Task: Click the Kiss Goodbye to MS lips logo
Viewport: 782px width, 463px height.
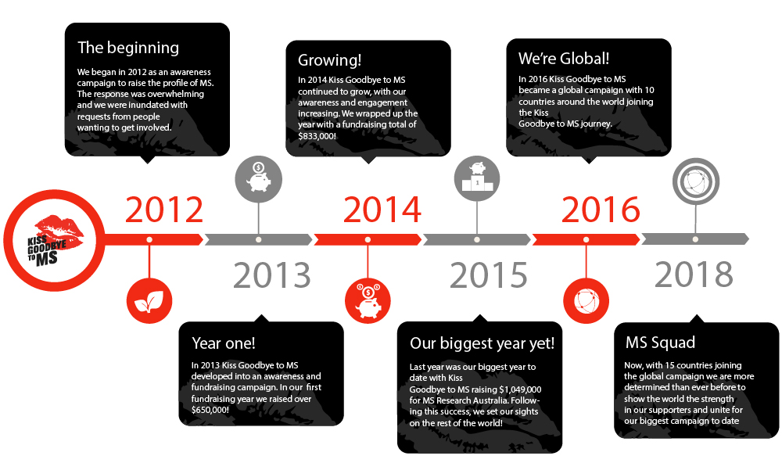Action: click(x=55, y=240)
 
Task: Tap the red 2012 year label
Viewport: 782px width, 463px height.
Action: click(x=164, y=210)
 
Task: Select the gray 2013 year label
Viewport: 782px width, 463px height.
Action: click(x=272, y=275)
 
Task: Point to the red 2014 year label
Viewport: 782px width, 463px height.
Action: click(x=382, y=210)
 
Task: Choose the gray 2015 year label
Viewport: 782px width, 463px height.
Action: click(x=488, y=275)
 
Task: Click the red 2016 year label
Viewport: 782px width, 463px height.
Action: click(x=601, y=210)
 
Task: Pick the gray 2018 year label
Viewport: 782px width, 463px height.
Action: click(x=694, y=275)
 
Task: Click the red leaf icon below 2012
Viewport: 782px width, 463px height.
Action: click(x=149, y=301)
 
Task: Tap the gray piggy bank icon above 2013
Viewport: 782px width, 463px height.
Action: click(x=258, y=180)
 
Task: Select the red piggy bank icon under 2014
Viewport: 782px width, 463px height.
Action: click(x=368, y=301)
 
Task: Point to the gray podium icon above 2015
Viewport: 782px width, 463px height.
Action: click(x=477, y=179)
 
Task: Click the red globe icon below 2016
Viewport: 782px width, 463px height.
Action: click(x=586, y=301)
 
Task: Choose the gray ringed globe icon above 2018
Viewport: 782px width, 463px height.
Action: click(x=696, y=181)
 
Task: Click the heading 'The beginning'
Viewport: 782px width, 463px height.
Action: click(x=128, y=48)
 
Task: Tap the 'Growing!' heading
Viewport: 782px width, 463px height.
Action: click(x=329, y=60)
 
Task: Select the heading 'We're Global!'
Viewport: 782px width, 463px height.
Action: click(x=564, y=59)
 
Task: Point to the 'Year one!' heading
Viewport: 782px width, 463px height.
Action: click(x=224, y=343)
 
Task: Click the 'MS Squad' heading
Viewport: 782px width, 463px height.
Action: click(x=660, y=343)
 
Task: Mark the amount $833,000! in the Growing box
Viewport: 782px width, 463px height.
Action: click(x=317, y=136)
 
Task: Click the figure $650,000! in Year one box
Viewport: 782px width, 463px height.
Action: click(x=210, y=410)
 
